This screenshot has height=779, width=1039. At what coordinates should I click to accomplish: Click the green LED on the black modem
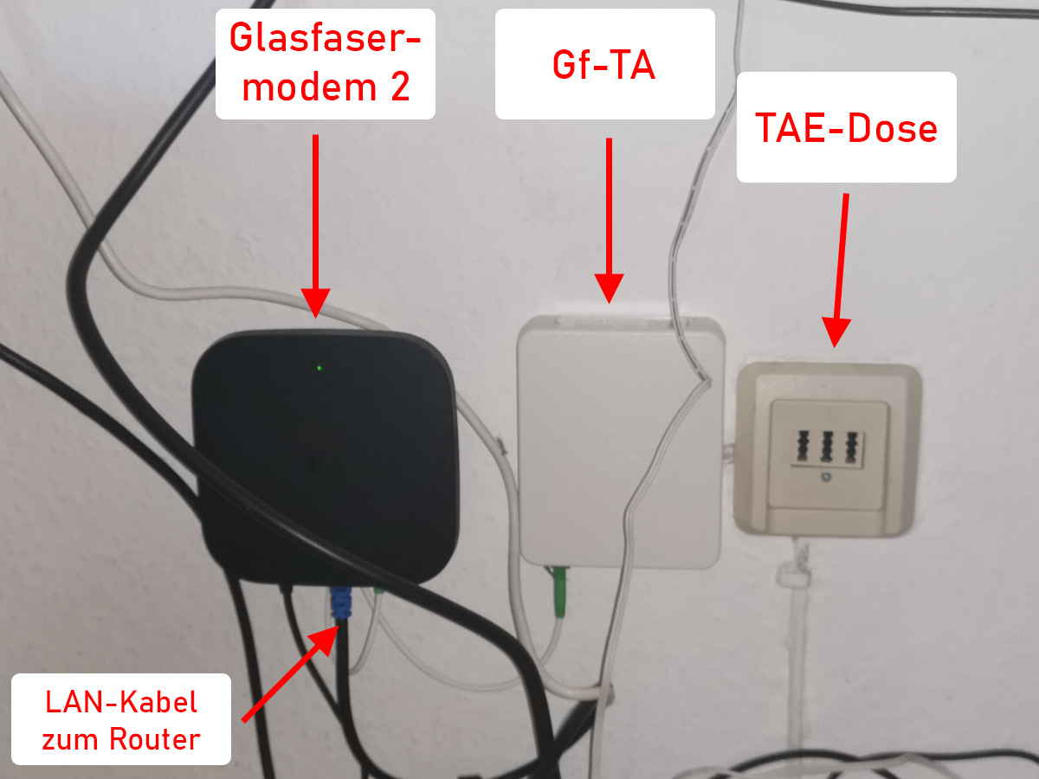tap(319, 368)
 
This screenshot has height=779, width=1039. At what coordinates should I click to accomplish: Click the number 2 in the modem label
tap(399, 87)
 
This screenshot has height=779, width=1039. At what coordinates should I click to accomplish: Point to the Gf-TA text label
tap(604, 64)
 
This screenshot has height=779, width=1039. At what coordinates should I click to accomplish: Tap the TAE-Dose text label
tap(846, 128)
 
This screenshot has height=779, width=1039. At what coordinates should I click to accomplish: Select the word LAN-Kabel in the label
tap(121, 701)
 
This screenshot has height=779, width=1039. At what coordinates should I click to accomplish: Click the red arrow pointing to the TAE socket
tap(840, 268)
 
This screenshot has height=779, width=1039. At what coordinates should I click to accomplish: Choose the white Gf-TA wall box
tap(619, 441)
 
